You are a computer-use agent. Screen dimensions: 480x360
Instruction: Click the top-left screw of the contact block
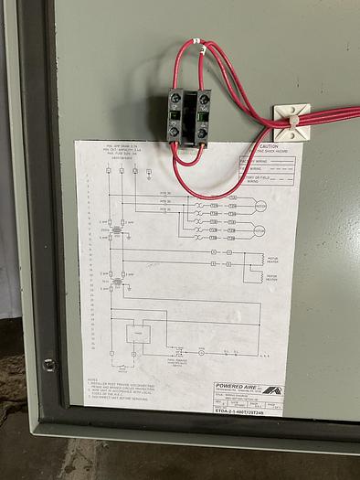pos(175,98)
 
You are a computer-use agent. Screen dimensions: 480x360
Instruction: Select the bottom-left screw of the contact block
pos(175,132)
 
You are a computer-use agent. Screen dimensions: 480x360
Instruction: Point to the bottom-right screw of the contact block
pos(202,132)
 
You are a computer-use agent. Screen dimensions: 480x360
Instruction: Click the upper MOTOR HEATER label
pos(271,259)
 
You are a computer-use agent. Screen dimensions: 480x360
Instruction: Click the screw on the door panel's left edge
pos(48,365)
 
